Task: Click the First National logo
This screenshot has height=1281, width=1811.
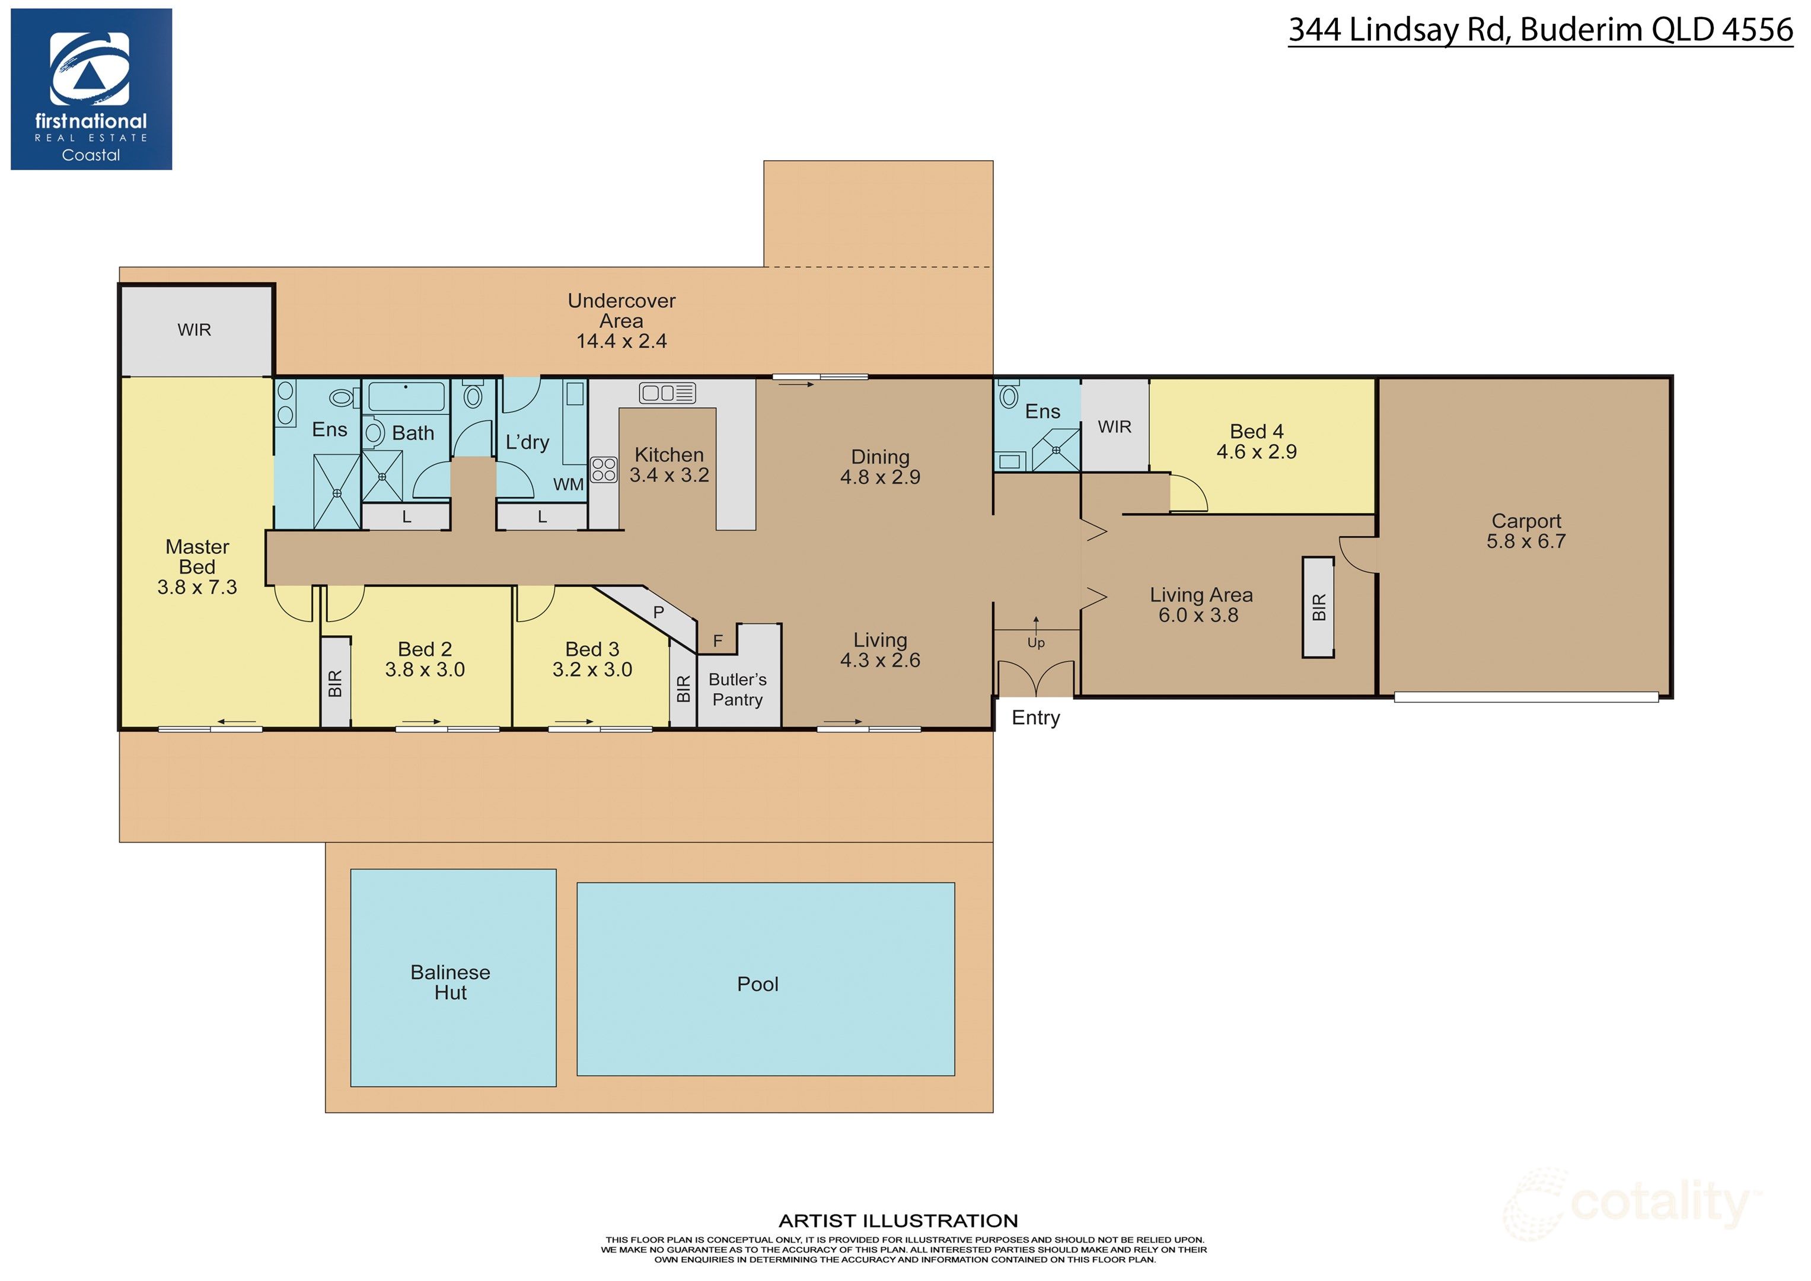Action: (x=91, y=89)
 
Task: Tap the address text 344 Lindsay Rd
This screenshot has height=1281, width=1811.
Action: (x=1398, y=30)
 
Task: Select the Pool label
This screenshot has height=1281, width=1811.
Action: (x=757, y=984)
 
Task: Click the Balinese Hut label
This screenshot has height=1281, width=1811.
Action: (x=451, y=982)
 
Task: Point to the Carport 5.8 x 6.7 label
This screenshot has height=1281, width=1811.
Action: (x=1525, y=531)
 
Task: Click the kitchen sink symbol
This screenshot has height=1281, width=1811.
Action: (x=667, y=393)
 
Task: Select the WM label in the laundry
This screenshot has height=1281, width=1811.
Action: (x=568, y=485)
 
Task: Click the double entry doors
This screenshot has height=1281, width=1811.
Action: (x=1035, y=678)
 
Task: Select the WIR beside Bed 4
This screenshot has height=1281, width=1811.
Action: (x=1114, y=427)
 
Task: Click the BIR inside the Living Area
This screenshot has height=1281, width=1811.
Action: (x=1318, y=607)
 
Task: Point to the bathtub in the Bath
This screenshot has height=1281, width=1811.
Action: (x=406, y=396)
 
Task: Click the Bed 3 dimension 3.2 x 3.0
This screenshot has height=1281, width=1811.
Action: (x=592, y=670)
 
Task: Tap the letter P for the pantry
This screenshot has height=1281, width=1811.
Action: (x=659, y=611)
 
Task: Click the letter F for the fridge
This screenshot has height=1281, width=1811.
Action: (x=718, y=640)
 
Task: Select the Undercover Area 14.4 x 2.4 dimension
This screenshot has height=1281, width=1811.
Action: (x=621, y=342)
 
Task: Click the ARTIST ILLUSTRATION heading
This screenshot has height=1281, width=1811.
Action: (x=898, y=1221)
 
